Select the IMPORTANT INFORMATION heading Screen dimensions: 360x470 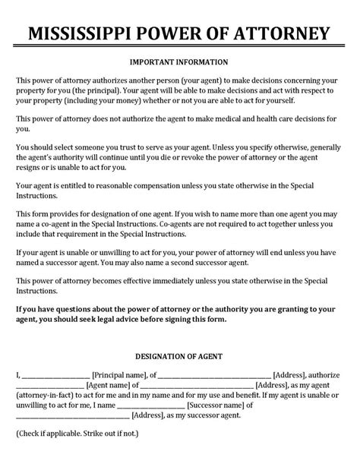point(179,62)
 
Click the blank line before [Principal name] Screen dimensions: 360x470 point(55,374)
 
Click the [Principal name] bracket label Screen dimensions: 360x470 point(119,374)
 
